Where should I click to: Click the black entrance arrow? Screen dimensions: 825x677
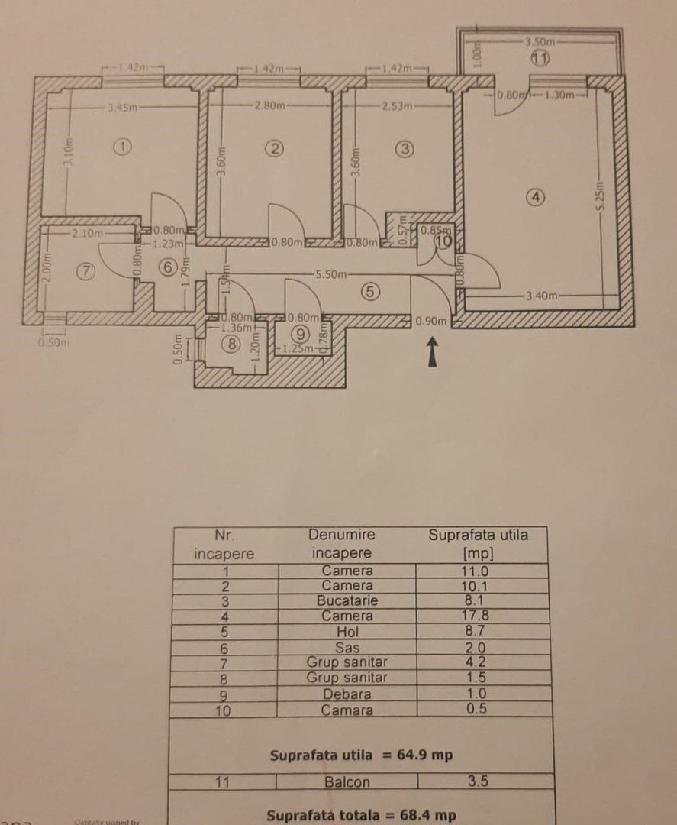tap(433, 353)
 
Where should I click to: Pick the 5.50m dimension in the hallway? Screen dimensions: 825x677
tap(331, 273)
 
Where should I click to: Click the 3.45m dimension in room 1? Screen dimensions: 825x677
tap(121, 108)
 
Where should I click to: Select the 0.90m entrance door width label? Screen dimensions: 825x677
tap(430, 322)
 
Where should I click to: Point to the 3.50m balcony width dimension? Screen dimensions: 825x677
tap(539, 40)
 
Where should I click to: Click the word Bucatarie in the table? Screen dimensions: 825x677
tap(348, 600)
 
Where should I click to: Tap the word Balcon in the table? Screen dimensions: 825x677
tap(348, 781)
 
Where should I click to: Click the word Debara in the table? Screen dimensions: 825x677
tap(348, 694)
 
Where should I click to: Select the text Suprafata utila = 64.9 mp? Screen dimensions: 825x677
tap(361, 755)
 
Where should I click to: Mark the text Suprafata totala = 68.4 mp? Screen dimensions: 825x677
tap(361, 815)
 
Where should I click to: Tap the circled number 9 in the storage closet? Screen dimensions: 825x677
tap(299, 333)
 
